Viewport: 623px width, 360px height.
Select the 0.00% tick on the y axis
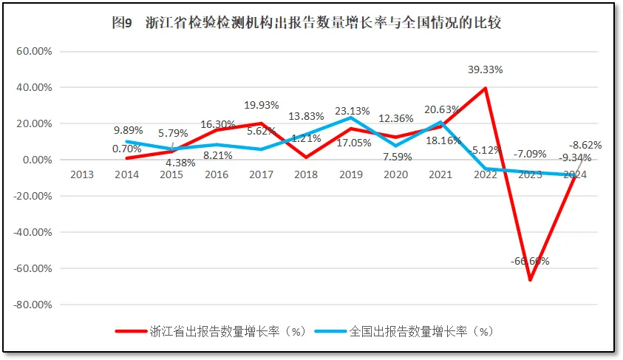pyautogui.click(x=36, y=160)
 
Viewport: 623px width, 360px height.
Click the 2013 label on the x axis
pyautogui.click(x=82, y=174)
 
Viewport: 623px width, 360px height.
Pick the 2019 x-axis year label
pyautogui.click(x=351, y=174)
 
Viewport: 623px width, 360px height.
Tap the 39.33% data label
pyautogui.click(x=486, y=69)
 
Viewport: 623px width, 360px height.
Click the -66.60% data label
pyautogui.click(x=529, y=261)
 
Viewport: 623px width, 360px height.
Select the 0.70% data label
pyautogui.click(x=128, y=148)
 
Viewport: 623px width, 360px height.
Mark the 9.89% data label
pyautogui.click(x=128, y=130)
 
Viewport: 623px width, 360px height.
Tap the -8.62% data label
pyautogui.click(x=585, y=145)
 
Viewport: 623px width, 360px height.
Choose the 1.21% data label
pyautogui.click(x=306, y=138)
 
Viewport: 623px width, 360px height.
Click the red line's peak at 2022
pyautogui.click(x=486, y=89)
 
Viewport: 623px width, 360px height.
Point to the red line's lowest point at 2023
pyautogui.click(x=530, y=280)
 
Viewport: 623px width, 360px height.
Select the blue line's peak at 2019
pyautogui.click(x=351, y=118)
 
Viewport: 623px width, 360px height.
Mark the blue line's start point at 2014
pyautogui.click(x=127, y=142)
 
